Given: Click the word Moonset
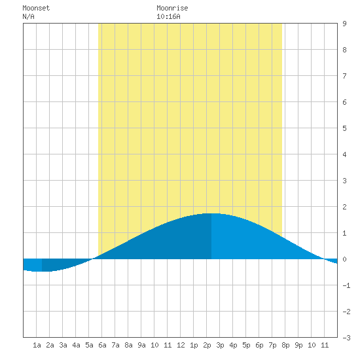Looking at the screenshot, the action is (36, 8).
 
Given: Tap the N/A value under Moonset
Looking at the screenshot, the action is (28, 16).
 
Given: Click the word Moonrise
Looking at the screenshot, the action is (172, 8).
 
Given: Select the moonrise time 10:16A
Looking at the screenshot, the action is (168, 16).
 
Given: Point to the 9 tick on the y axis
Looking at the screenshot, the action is (344, 24).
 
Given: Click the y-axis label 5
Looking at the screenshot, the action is (344, 128).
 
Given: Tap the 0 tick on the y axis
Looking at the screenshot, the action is (344, 259).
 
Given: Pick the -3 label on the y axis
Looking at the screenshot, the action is (346, 338).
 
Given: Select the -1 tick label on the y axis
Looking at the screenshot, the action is (346, 285).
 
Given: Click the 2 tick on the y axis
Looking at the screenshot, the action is (344, 207).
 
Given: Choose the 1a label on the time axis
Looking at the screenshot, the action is (37, 345).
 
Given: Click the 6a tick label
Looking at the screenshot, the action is (102, 345).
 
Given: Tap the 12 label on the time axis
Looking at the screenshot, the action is (181, 345).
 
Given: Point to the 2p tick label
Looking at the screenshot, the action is (207, 345).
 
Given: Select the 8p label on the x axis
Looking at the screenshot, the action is (285, 345).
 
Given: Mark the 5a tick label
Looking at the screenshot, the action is (89, 345).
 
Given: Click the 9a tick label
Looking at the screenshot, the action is (141, 345).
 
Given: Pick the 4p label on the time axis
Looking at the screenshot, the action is (233, 345).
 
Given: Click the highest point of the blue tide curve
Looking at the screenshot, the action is (211, 213).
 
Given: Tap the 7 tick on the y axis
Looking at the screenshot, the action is (344, 76).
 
